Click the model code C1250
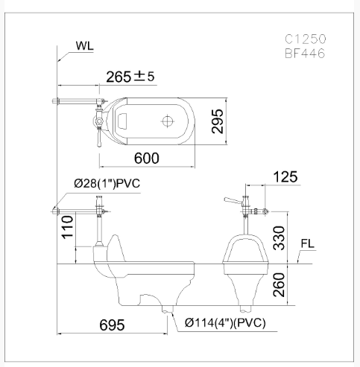pos(305,39)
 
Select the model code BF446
pos(305,54)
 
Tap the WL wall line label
pos(85,46)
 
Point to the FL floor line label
pos(308,243)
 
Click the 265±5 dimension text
pos(130,77)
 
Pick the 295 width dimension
pos(218,121)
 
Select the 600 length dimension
pos(147,159)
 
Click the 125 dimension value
pos(285,177)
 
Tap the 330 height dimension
pos(279,238)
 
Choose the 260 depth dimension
pos(279,284)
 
